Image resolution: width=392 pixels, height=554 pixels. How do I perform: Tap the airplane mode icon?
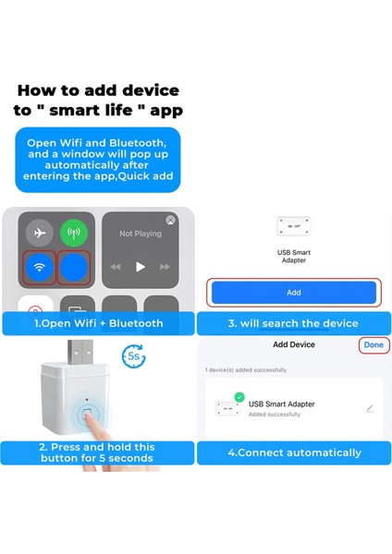tap(38, 233)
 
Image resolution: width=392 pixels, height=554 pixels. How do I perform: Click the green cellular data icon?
tap(73, 233)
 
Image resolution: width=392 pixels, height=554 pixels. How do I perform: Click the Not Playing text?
tap(141, 234)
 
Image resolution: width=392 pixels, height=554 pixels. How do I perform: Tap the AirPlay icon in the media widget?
tap(170, 221)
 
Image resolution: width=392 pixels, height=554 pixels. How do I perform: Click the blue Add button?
tap(293, 292)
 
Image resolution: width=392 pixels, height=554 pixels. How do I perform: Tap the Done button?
tap(374, 344)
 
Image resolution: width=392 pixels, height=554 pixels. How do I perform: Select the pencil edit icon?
tap(370, 408)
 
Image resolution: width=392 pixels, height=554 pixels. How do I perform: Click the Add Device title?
tap(293, 344)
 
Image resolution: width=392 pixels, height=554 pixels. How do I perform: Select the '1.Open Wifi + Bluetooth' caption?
tap(98, 323)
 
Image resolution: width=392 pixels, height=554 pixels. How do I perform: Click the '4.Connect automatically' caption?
tap(294, 452)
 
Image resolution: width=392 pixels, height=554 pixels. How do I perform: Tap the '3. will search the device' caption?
tap(294, 323)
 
